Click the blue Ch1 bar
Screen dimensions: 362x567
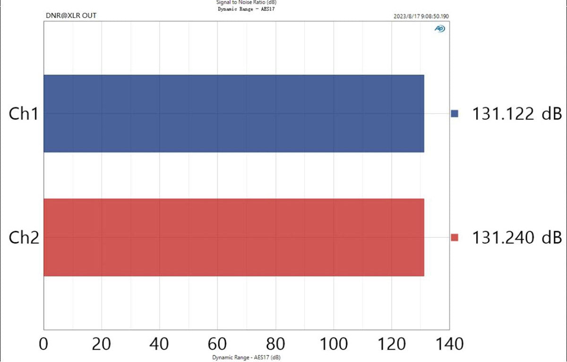point(234,114)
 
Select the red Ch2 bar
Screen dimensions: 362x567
point(234,237)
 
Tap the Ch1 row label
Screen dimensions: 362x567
point(24,114)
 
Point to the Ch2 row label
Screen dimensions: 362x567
point(24,237)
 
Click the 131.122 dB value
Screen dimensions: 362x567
point(517,114)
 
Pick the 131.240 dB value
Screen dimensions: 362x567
point(517,237)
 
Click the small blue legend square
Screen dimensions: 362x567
point(455,114)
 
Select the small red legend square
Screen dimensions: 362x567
point(455,237)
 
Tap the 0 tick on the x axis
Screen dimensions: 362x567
point(43,344)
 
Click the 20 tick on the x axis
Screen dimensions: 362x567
point(102,344)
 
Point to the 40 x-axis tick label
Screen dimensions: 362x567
point(159,344)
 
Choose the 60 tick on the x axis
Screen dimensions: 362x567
point(217,344)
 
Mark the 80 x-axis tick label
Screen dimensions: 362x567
point(275,344)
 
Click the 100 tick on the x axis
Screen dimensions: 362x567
point(334,344)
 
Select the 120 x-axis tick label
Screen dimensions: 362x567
point(391,344)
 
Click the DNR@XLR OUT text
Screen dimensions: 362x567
point(71,16)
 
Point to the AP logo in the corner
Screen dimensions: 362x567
point(439,29)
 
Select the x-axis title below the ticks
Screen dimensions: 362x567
point(246,358)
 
